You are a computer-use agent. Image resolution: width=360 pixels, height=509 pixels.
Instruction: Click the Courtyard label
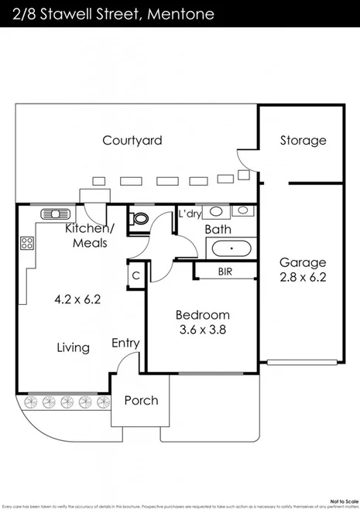tap(132, 140)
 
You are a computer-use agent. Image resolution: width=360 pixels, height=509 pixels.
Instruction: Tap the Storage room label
tap(303, 141)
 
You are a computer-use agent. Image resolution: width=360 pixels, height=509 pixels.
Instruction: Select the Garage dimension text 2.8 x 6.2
tap(303, 276)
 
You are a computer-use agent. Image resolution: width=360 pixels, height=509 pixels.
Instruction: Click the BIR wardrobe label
tap(225, 272)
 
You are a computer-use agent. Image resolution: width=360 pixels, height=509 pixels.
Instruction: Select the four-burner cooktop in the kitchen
tap(26, 244)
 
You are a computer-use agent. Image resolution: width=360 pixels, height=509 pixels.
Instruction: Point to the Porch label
tap(141, 400)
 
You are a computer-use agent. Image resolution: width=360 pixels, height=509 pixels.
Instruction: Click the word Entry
tap(125, 343)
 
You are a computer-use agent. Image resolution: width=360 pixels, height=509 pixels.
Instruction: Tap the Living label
tap(73, 348)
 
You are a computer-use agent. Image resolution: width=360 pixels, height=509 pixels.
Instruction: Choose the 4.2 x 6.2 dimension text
tap(77, 297)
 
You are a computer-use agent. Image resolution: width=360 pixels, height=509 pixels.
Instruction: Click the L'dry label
tap(190, 214)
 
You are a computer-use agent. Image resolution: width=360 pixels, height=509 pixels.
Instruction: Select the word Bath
tap(218, 229)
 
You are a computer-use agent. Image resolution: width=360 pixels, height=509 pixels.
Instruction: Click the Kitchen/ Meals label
tap(90, 235)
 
